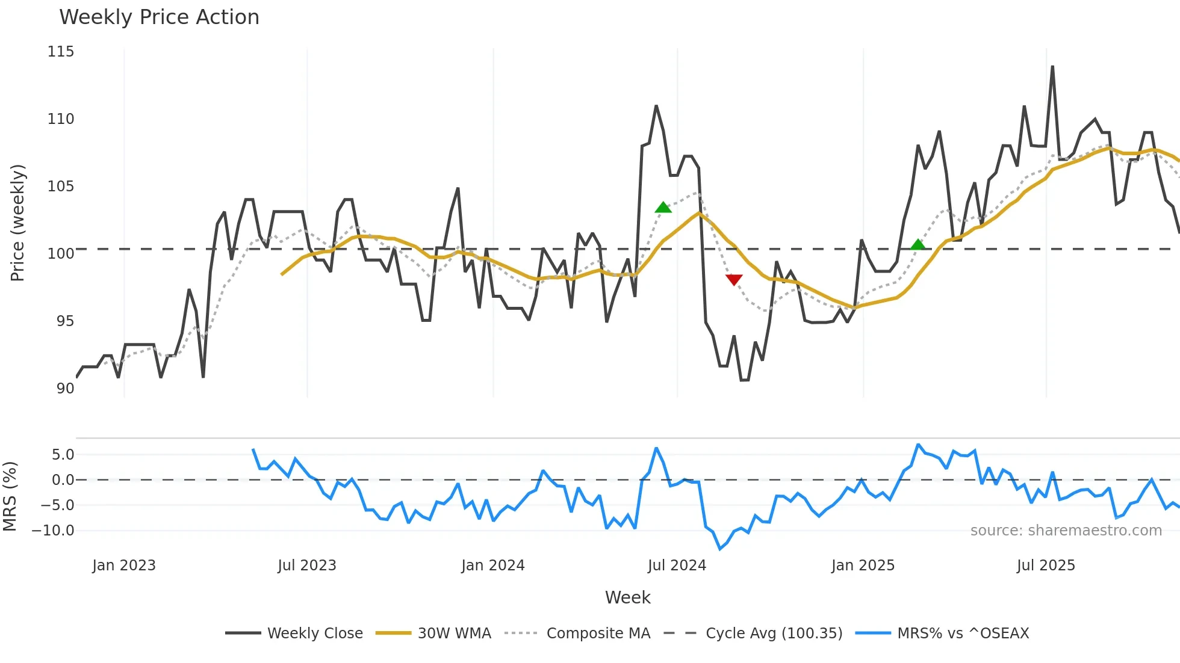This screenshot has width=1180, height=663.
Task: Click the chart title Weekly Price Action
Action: (x=159, y=17)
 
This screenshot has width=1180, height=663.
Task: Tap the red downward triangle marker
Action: (x=734, y=280)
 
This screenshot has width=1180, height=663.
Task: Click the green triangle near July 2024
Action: (x=663, y=208)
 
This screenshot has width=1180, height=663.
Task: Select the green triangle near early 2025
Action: (x=918, y=244)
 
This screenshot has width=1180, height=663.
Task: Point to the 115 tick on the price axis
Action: (x=61, y=52)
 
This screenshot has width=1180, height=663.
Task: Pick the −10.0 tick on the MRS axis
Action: (x=53, y=531)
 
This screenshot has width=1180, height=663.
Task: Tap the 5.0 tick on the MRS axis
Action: (x=63, y=455)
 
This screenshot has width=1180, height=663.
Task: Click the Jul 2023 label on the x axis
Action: (x=306, y=566)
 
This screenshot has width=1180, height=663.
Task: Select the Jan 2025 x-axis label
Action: (x=862, y=566)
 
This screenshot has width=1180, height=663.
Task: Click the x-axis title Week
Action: (x=627, y=597)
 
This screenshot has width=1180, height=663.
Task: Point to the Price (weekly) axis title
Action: (x=17, y=223)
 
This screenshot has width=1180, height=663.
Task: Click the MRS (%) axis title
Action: (x=10, y=496)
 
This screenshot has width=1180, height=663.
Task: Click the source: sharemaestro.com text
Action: (x=1066, y=531)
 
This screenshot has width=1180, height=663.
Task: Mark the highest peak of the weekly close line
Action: (x=1052, y=67)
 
